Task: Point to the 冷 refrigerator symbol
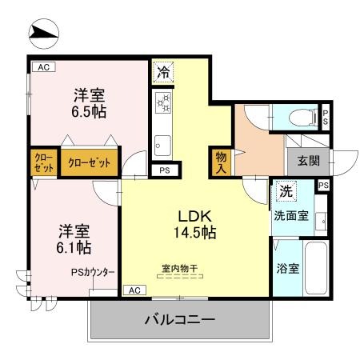(163, 70)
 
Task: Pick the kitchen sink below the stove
(162, 145)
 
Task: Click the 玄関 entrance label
(309, 160)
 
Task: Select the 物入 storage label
(220, 162)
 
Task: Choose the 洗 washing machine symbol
(286, 191)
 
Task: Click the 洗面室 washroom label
(291, 215)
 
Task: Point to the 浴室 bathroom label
(288, 268)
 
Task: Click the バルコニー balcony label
(179, 321)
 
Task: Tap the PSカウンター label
(92, 272)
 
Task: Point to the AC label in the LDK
(134, 290)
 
